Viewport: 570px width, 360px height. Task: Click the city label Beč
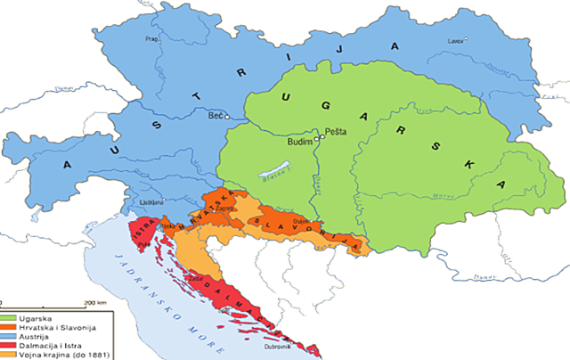[x=215, y=116]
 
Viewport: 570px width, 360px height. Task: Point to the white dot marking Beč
[x=228, y=116]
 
